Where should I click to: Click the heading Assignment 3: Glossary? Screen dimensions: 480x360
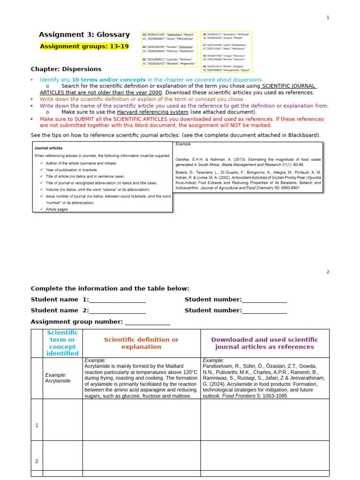pos(84,35)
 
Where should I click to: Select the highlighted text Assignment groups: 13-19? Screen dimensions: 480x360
pos(84,46)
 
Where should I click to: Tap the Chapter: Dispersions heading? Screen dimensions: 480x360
pos(66,69)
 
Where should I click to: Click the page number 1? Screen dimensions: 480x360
pos(328,17)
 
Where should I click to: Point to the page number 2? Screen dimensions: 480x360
pos(328,272)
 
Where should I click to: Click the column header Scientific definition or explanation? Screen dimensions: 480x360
pos(141,343)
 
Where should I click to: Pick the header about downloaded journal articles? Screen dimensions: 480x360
pos(264,343)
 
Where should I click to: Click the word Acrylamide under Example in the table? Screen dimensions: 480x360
pos(58,381)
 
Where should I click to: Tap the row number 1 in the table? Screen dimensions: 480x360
pos(37,425)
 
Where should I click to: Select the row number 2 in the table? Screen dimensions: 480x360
pos(37,461)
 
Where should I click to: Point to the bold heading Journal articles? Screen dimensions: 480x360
pos(45,147)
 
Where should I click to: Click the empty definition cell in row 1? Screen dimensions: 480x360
pos(141,420)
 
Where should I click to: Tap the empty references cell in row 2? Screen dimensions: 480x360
pos(264,456)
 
